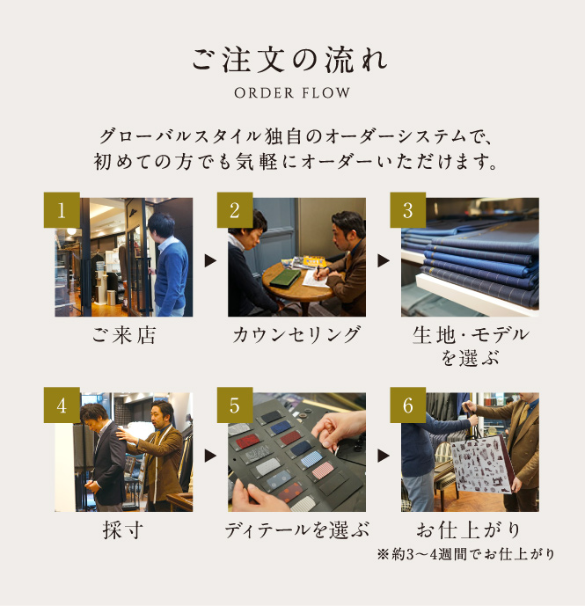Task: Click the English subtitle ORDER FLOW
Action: pos(292,92)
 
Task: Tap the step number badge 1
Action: pos(62,210)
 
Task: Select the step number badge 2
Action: pos(235,210)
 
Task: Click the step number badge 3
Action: pos(408,210)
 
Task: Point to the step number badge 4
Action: pos(62,405)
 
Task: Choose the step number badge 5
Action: pos(235,405)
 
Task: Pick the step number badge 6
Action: pos(408,405)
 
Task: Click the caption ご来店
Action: pos(124,335)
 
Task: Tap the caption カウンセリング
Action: pos(296,335)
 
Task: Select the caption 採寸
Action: pos(123,529)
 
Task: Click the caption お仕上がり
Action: pos(468,529)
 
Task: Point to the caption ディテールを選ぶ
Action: pos(297,529)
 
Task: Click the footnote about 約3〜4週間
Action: pos(465,554)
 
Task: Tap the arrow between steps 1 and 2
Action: pos(210,260)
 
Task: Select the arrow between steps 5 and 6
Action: pos(384,456)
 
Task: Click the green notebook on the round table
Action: pos(286,278)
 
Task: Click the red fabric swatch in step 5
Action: pos(246,442)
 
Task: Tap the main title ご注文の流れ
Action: pos(289,60)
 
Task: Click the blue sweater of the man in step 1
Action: pos(171,275)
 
